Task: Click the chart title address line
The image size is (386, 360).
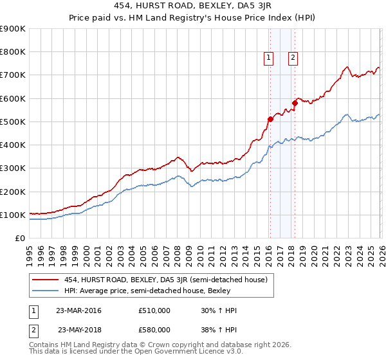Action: click(192, 7)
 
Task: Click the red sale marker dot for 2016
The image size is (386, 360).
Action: click(270, 118)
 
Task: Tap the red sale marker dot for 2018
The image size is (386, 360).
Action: click(295, 103)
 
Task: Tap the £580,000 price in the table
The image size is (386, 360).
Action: click(154, 329)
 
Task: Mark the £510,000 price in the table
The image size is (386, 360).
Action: click(154, 310)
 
